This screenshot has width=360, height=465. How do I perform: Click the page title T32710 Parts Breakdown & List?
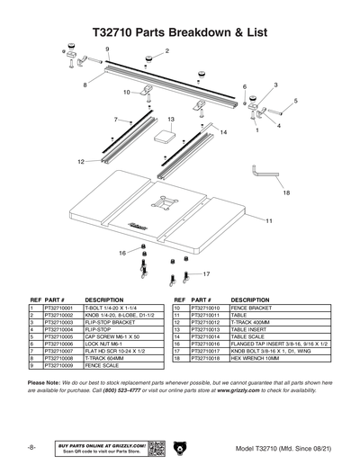179,30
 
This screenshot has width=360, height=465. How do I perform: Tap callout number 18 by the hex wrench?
286,192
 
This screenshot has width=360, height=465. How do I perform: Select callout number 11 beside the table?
268,220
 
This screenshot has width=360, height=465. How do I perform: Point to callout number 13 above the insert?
170,119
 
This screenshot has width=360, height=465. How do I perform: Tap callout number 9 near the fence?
107,48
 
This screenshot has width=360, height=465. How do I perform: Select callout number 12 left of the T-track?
81,162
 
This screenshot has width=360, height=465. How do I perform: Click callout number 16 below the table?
122,254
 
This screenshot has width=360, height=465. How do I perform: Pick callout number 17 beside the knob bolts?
206,273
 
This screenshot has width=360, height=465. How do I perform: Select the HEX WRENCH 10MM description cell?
261,358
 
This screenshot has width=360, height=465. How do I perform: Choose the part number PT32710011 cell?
206,315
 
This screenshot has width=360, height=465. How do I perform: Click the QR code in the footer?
156,448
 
